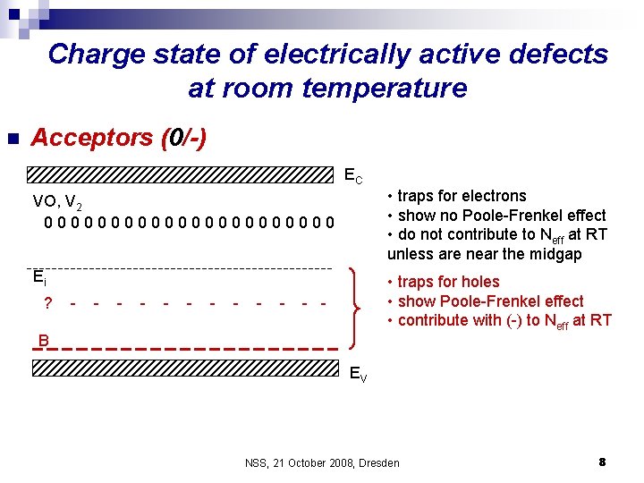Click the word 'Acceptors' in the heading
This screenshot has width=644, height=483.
click(92, 138)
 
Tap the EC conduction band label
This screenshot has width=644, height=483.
click(353, 177)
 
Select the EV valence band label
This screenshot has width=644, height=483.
click(356, 376)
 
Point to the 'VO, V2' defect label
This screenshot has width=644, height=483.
click(57, 201)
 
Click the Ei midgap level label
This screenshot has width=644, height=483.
click(38, 276)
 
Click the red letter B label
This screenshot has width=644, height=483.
click(43, 340)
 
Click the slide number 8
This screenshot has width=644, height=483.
click(602, 462)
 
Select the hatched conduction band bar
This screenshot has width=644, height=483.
click(182, 174)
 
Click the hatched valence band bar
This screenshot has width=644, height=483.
click(182, 368)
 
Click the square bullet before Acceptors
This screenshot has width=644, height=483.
click(13, 139)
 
